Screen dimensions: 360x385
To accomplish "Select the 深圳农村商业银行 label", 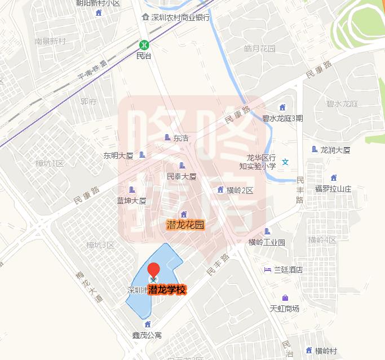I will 180,17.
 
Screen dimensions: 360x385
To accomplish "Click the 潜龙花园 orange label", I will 185,225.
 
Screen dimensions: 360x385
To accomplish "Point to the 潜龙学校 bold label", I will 167,290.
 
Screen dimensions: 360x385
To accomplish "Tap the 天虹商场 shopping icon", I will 285,297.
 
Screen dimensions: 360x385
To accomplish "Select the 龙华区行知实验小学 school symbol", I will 285,162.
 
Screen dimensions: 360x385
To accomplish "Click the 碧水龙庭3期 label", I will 282,118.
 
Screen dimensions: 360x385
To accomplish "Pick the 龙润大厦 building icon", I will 315,149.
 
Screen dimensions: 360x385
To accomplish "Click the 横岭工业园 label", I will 267,242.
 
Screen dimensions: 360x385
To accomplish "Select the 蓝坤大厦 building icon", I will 132,190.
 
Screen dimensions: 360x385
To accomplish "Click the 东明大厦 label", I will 118,155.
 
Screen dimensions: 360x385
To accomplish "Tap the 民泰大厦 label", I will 182,176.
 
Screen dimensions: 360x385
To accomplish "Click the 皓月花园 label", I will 259,48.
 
